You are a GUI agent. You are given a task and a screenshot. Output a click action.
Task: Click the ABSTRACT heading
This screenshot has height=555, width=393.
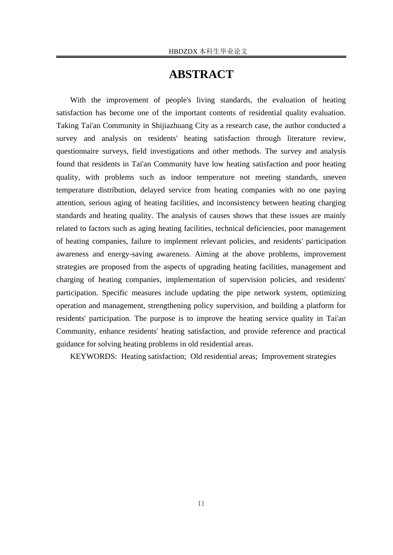tap(201, 74)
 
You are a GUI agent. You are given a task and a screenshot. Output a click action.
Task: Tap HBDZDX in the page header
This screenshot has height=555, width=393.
tap(183, 52)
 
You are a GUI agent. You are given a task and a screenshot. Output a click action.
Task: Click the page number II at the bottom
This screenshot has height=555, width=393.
tap(201, 503)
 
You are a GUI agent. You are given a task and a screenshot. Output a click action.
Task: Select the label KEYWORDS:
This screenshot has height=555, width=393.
tap(93, 356)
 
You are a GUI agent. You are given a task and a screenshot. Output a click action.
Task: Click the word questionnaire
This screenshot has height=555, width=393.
tap(78, 151)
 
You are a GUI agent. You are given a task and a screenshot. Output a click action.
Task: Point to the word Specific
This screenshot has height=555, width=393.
tap(115, 293)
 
